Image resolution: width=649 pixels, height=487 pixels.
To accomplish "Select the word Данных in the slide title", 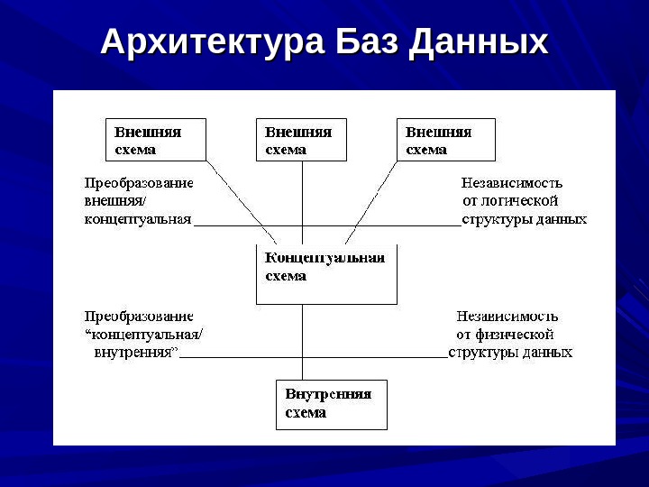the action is point(479,42).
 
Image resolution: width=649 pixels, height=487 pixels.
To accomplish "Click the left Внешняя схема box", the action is point(156,140).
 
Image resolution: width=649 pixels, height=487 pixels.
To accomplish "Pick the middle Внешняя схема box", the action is point(301,140).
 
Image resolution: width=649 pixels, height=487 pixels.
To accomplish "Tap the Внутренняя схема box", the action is point(331,404).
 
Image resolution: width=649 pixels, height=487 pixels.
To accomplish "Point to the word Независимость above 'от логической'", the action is point(513,182).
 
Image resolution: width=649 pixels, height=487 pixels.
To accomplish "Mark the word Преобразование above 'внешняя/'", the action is point(139,182).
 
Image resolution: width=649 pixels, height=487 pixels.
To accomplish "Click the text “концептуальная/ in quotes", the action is point(144,335).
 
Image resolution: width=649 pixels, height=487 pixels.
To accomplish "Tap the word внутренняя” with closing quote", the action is point(135,352).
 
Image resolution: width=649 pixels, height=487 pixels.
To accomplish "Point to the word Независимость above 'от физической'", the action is point(507,317).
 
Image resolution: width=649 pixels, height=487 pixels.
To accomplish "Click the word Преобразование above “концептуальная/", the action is point(139,317).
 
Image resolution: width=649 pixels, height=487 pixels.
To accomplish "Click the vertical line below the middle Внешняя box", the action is point(302,194).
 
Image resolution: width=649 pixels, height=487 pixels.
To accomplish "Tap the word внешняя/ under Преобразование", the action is point(108,200).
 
